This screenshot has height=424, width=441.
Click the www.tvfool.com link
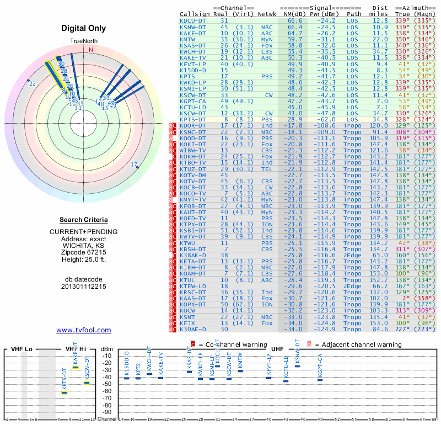(x=84, y=330)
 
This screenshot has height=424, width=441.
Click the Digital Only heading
(x=84, y=29)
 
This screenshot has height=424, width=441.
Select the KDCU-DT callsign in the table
(x=192, y=20)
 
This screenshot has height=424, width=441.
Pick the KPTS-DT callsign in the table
(x=193, y=119)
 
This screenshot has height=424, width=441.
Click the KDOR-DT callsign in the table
(x=193, y=126)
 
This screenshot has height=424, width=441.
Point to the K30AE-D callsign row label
(x=193, y=330)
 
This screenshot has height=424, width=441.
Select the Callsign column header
(x=195, y=14)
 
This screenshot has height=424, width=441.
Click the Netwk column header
(x=267, y=14)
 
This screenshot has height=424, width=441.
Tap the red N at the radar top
(x=91, y=50)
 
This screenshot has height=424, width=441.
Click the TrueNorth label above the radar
(x=83, y=42)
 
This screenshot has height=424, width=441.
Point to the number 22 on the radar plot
(x=33, y=83)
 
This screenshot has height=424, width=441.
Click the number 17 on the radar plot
(x=134, y=165)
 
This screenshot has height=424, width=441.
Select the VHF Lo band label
(x=21, y=349)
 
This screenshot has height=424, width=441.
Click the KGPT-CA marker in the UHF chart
(x=320, y=380)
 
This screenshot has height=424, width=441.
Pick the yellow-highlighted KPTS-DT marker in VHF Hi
(x=64, y=392)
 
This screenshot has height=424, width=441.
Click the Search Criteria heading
(x=84, y=220)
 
